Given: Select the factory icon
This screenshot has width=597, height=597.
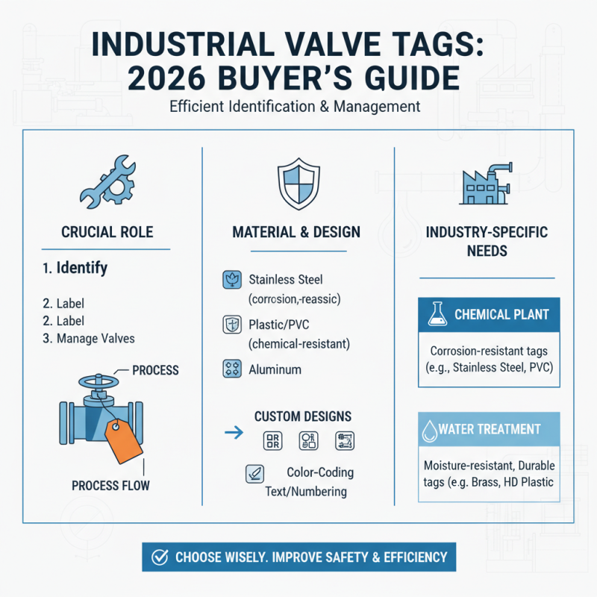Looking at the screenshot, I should click(486, 183).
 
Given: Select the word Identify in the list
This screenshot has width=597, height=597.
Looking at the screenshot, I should click(81, 267).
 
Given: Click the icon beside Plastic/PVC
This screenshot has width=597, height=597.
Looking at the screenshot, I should click(231, 325).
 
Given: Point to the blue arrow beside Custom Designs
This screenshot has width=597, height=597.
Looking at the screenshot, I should click(233, 431).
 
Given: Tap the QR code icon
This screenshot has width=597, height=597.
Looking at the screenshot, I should click(273, 441).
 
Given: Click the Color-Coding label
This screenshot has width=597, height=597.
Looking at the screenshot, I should click(320, 472).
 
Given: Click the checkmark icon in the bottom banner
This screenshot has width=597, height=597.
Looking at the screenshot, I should click(159, 557).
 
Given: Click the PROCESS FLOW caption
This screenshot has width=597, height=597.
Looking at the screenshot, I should click(110, 486).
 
